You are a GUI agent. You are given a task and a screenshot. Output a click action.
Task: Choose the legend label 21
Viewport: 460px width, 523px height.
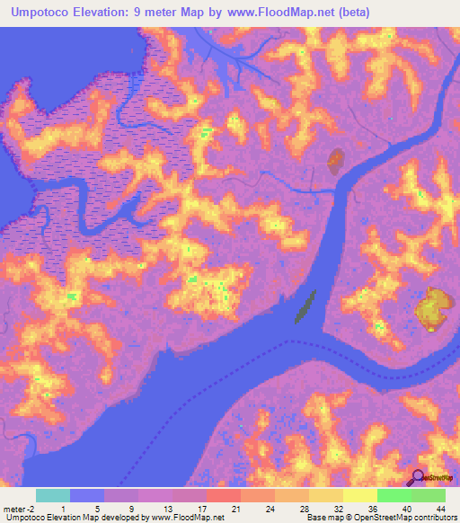235,508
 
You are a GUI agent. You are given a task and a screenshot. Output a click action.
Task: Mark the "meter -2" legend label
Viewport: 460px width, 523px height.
20,508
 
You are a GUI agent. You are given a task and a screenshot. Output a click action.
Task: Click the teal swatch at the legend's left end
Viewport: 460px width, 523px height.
53,495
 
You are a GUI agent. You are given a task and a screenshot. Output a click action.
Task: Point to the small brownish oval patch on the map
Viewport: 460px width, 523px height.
335,161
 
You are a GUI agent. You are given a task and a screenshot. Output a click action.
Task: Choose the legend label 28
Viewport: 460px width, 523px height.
304,508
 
